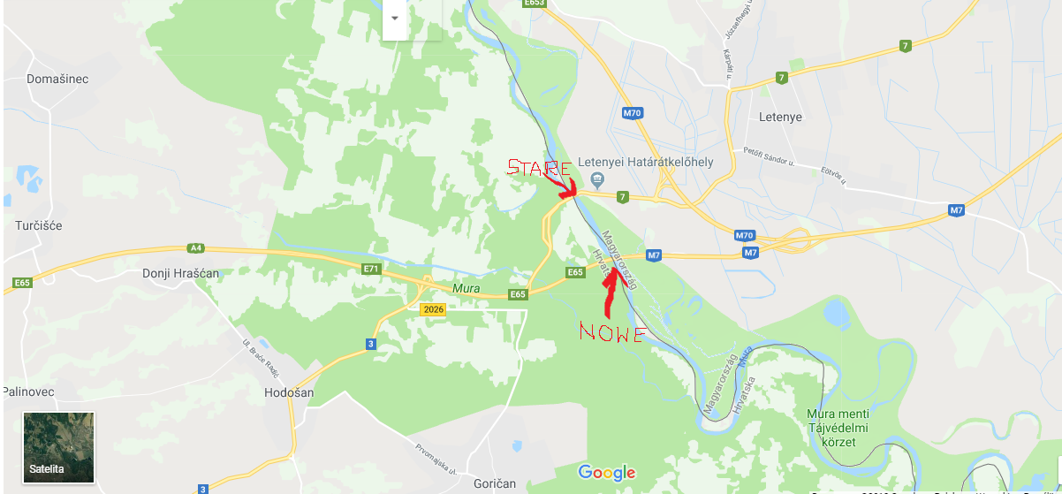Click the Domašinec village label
click(57, 79)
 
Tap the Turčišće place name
click(39, 225)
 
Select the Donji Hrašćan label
click(180, 273)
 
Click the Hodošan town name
click(289, 391)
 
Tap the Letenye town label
click(780, 117)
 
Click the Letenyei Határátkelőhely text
click(645, 163)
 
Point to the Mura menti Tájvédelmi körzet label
click(838, 427)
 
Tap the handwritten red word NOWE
click(611, 332)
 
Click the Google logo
click(607, 472)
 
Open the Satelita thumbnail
click(58, 446)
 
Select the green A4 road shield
click(195, 249)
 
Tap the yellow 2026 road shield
click(433, 309)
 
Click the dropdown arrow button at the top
click(394, 19)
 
